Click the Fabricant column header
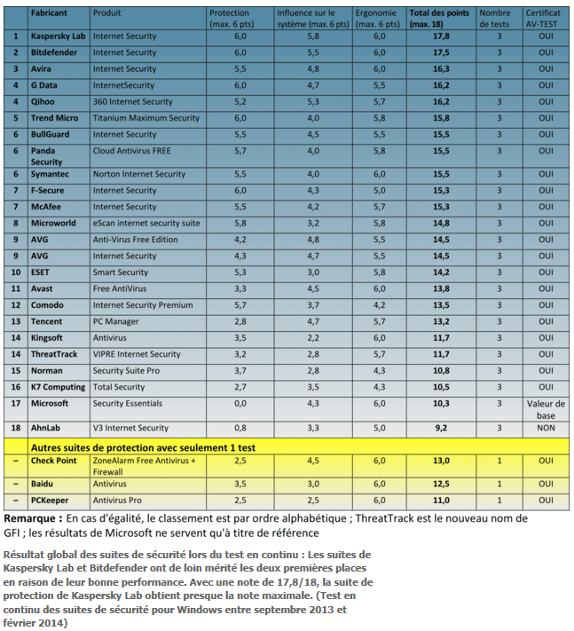click(51, 14)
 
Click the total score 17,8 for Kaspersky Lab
click(441, 36)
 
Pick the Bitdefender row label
click(56, 53)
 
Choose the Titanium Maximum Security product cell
click(146, 118)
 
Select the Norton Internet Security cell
click(139, 174)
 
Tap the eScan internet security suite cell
click(146, 223)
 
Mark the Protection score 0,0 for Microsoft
click(239, 403)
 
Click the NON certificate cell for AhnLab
click(545, 428)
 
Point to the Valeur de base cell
click(545, 408)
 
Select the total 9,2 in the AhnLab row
click(441, 428)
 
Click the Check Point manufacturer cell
click(56, 461)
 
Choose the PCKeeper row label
click(51, 501)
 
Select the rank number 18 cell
click(16, 428)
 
